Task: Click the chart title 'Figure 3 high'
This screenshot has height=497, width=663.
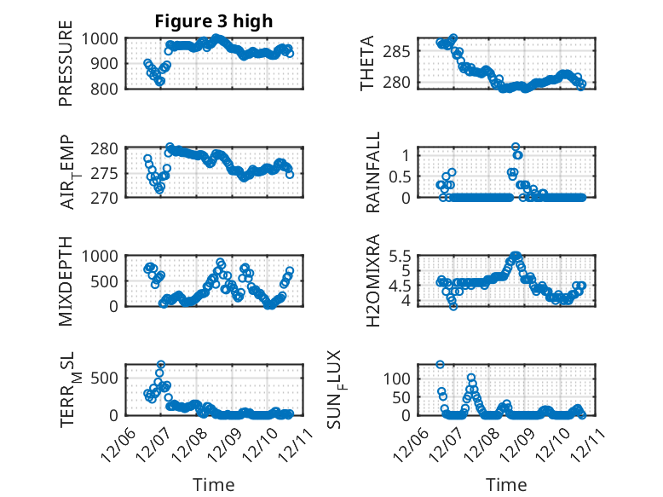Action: click(213, 21)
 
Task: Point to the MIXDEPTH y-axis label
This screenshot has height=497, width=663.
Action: click(66, 280)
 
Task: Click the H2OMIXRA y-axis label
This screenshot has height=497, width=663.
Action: click(373, 280)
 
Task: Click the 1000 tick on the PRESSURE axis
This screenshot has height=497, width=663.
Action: click(103, 38)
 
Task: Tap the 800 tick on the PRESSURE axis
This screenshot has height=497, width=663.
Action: click(108, 88)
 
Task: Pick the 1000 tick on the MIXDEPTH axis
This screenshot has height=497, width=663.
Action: click(103, 256)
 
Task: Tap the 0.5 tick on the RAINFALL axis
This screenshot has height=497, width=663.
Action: click(404, 176)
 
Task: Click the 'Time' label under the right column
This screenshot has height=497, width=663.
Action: click(506, 485)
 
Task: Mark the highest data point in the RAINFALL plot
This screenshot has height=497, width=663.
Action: click(516, 147)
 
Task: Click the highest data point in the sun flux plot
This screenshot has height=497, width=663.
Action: click(441, 364)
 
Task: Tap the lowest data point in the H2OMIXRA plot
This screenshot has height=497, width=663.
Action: click(453, 306)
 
